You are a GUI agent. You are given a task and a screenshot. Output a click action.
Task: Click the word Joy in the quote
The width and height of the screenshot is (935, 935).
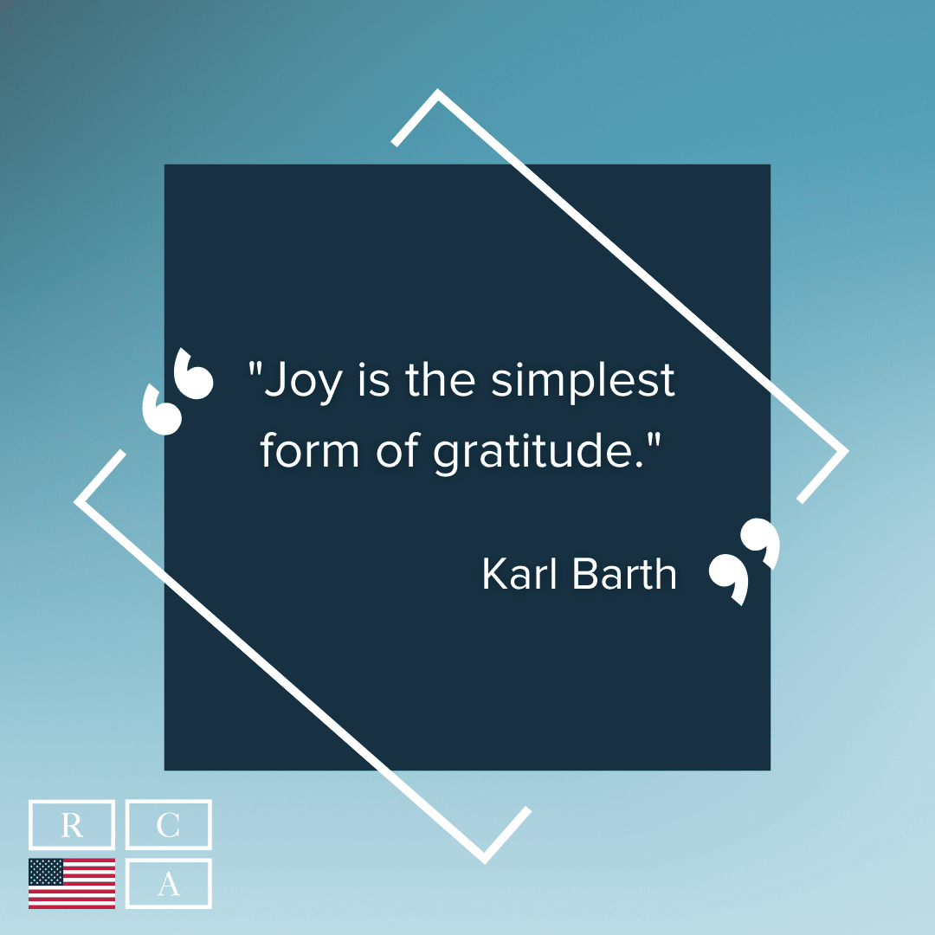[x=303, y=382]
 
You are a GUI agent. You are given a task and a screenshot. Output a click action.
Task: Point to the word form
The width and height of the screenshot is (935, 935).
[x=309, y=450]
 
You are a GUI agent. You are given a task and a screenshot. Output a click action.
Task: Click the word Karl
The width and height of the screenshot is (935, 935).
[x=519, y=574]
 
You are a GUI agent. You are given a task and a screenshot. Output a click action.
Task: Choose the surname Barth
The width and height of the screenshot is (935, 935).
[x=624, y=574]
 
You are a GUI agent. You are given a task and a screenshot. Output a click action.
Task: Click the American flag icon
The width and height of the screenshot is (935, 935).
[x=72, y=883]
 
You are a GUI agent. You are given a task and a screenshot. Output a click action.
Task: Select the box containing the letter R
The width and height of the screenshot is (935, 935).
[x=72, y=825]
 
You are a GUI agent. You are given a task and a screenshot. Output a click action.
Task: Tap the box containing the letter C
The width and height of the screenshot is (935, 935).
[x=168, y=825]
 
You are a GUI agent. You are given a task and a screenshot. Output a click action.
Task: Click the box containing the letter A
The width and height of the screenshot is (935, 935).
[x=168, y=883]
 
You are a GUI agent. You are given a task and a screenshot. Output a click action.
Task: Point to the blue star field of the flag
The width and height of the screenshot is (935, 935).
[x=46, y=872]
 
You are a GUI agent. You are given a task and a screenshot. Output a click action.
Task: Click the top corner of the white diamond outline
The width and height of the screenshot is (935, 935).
[x=438, y=90]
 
